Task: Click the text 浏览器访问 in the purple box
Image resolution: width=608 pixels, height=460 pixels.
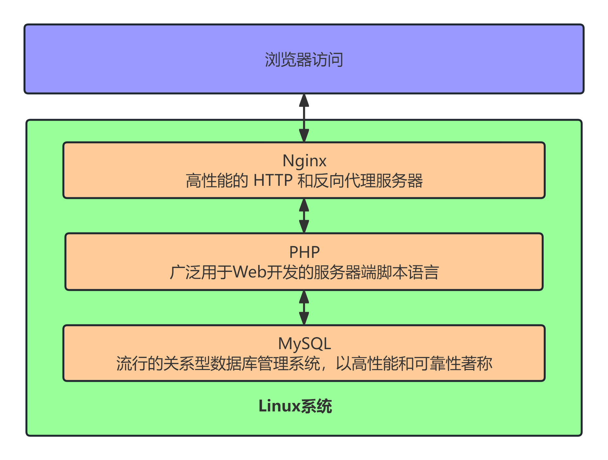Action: coord(304,60)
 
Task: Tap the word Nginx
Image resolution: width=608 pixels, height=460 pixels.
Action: coord(304,161)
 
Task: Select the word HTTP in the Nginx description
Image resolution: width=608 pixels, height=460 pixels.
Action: coord(273,181)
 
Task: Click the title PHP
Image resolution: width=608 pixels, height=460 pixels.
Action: coord(304,252)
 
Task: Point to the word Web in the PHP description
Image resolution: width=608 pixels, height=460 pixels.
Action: coord(250,272)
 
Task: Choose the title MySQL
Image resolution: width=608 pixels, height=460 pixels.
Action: coord(304,344)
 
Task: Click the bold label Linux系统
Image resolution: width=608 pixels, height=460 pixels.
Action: coord(295,406)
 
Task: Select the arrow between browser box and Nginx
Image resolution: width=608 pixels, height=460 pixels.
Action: coord(304,118)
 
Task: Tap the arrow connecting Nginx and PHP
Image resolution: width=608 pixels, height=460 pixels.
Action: coord(304,216)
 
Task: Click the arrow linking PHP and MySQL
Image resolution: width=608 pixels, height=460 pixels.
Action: coord(304,307)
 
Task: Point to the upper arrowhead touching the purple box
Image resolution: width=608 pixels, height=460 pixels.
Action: coord(304,100)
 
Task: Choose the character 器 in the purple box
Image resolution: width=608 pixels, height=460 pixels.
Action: coord(304,60)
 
